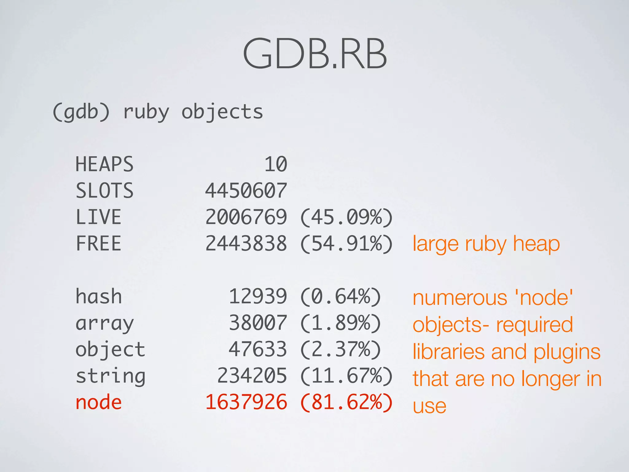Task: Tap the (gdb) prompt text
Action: tap(81, 112)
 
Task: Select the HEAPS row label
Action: tap(104, 164)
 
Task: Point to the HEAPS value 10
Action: tap(275, 164)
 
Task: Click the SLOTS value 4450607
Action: tap(246, 191)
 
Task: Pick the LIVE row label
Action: tap(98, 217)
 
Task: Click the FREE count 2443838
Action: tap(246, 243)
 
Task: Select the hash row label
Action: tap(99, 297)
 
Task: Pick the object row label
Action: tap(110, 350)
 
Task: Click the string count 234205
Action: tap(252, 376)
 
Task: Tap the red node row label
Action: tap(99, 403)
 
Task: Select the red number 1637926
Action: tap(246, 402)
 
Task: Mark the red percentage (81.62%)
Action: tap(346, 403)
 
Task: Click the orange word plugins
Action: tap(567, 352)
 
